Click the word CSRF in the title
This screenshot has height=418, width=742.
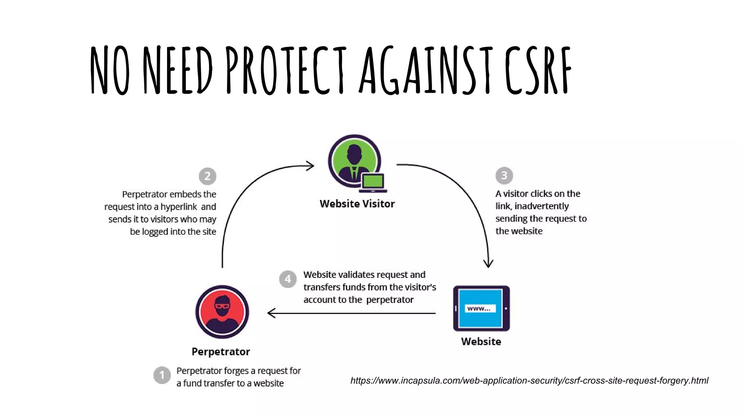pyautogui.click(x=538, y=71)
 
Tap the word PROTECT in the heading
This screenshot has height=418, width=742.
pyautogui.click(x=286, y=71)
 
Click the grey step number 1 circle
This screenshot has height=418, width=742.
pyautogui.click(x=162, y=375)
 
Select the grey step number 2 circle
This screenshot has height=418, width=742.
pyautogui.click(x=208, y=176)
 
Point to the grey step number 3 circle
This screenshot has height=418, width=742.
pyautogui.click(x=504, y=176)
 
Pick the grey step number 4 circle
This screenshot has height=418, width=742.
pyautogui.click(x=288, y=279)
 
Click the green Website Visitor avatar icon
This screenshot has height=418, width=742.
pyautogui.click(x=354, y=161)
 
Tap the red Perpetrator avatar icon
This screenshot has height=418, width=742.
pyautogui.click(x=222, y=312)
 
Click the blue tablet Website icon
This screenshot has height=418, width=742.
pyautogui.click(x=481, y=308)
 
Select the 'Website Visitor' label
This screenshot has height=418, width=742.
pyautogui.click(x=357, y=204)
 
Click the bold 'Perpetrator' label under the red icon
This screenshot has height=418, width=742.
pyautogui.click(x=221, y=352)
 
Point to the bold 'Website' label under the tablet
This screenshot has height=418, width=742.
pyautogui.click(x=481, y=341)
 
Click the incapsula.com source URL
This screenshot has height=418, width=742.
pyautogui.click(x=529, y=381)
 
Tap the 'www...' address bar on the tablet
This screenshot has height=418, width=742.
pyautogui.click(x=479, y=309)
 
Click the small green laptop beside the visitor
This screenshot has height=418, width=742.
pyautogui.click(x=373, y=183)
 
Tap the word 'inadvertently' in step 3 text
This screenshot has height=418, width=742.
pyautogui.click(x=542, y=206)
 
